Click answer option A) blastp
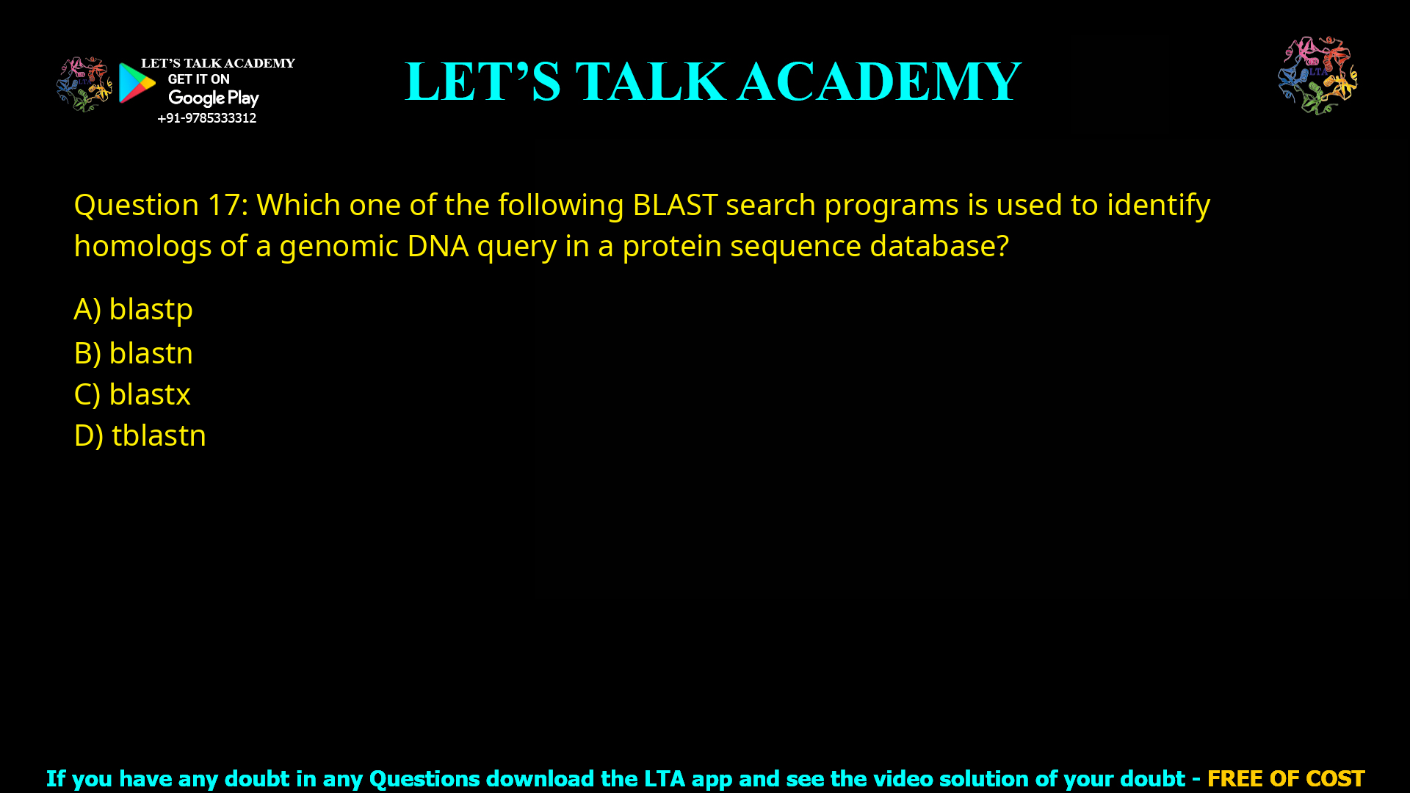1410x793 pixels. pyautogui.click(x=133, y=309)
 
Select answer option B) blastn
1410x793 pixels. pyautogui.click(x=133, y=353)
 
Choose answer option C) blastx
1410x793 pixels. pyautogui.click(x=132, y=394)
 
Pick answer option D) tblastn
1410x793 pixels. pyautogui.click(x=140, y=435)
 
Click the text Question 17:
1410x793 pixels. pyautogui.click(x=161, y=205)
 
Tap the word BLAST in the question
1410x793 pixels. pyautogui.click(x=674, y=205)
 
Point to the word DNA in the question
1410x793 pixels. pyautogui.click(x=438, y=246)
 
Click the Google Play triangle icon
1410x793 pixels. pyautogui.click(x=137, y=83)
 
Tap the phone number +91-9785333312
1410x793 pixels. pyautogui.click(x=206, y=118)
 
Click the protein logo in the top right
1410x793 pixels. pyautogui.click(x=1317, y=75)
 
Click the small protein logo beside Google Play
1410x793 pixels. pyautogui.click(x=84, y=84)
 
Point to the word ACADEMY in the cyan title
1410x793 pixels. pyautogui.click(x=879, y=82)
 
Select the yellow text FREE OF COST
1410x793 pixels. pyautogui.click(x=1285, y=778)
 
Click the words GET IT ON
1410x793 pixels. pyautogui.click(x=198, y=79)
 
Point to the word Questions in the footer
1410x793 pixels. pyautogui.click(x=424, y=778)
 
